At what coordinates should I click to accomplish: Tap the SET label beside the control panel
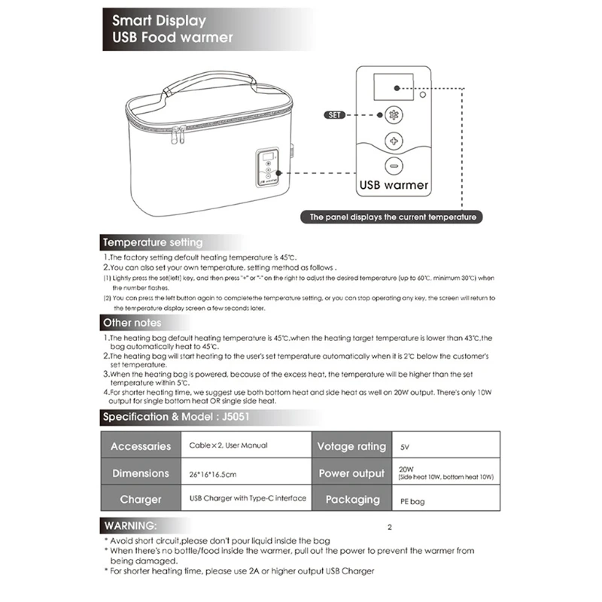pyautogui.click(x=336, y=115)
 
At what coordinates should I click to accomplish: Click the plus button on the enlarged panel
pyautogui.click(x=393, y=141)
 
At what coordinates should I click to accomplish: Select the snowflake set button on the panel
pyautogui.click(x=393, y=116)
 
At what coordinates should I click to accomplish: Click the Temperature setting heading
pyautogui.click(x=153, y=242)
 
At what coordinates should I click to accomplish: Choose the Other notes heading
pyautogui.click(x=132, y=323)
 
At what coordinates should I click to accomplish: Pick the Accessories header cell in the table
pyautogui.click(x=141, y=445)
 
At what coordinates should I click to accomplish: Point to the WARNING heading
pyautogui.click(x=131, y=524)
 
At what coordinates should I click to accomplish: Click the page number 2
pyautogui.click(x=389, y=527)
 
